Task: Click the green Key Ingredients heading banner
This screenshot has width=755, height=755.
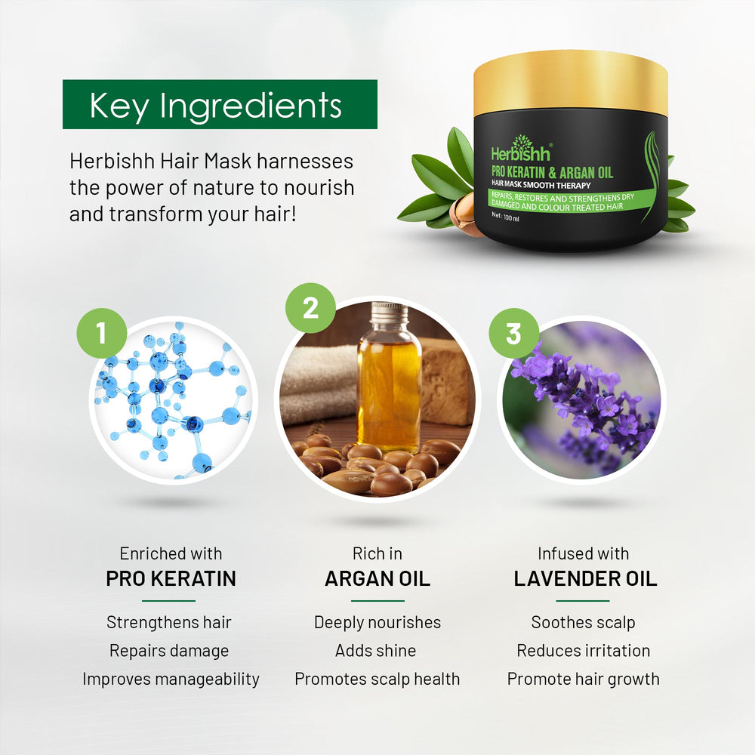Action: (219, 104)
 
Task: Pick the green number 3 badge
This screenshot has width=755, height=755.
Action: (513, 333)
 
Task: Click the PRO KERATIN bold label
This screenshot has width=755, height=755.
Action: (171, 579)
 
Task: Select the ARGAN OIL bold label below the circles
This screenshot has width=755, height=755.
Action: (377, 579)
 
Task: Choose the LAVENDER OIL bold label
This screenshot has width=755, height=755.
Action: (585, 579)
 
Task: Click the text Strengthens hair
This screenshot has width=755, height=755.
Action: (169, 622)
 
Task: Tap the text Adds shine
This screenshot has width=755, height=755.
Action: (376, 651)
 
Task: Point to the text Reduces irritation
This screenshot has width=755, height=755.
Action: (583, 651)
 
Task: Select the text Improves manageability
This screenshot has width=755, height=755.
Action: (171, 679)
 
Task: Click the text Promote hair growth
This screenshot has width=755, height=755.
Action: (583, 679)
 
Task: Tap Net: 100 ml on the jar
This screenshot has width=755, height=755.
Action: (506, 215)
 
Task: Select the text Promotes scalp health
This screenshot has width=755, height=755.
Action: (377, 679)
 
